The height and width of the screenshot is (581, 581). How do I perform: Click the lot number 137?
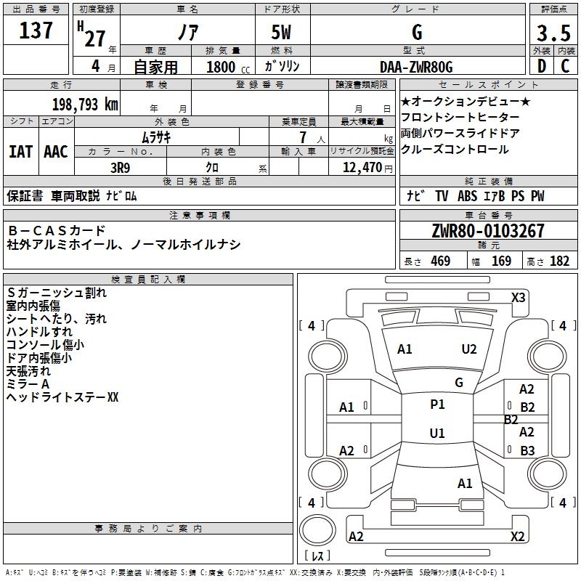(x=36, y=31)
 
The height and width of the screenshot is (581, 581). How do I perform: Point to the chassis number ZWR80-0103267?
(x=488, y=231)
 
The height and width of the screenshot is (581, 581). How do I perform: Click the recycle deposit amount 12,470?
(x=361, y=167)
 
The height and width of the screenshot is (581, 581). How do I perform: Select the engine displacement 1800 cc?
(x=221, y=67)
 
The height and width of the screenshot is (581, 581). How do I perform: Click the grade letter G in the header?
(x=416, y=33)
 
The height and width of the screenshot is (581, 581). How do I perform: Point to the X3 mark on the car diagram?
(x=519, y=298)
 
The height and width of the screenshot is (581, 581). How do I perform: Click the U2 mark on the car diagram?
(x=469, y=349)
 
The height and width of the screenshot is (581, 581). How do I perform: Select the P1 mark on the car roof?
(x=437, y=405)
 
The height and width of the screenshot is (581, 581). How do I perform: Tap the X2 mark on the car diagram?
(x=517, y=537)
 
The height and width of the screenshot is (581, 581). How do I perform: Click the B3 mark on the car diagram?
(x=527, y=450)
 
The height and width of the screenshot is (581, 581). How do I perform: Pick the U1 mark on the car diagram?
(x=437, y=434)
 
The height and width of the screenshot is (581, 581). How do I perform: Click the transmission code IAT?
(x=20, y=152)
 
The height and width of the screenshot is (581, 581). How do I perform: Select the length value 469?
(x=440, y=261)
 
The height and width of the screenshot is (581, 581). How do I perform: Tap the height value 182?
(x=559, y=261)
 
